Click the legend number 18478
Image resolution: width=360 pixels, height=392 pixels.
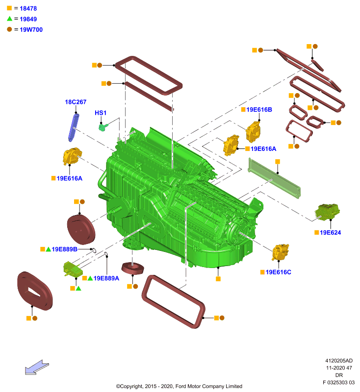click(28, 8)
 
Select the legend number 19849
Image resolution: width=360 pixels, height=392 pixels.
click(28, 19)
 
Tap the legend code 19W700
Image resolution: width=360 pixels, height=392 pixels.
click(31, 29)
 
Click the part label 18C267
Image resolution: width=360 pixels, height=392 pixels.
click(76, 102)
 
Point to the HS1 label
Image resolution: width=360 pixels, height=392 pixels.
click(101, 113)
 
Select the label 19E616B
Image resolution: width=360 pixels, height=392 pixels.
click(259, 110)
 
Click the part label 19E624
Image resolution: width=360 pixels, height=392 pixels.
click(330, 233)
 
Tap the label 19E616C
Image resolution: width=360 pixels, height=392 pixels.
click(279, 272)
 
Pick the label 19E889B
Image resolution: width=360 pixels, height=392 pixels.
click(65, 249)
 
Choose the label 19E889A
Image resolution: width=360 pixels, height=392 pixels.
click(106, 278)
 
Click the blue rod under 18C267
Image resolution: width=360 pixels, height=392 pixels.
click(74, 127)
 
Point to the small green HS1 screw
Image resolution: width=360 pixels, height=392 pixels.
click(103, 127)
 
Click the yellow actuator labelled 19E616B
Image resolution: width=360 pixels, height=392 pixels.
click(253, 131)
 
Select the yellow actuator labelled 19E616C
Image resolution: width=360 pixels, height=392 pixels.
click(280, 252)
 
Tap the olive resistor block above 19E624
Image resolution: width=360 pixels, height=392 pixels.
click(327, 212)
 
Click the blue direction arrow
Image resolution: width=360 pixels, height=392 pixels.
click(37, 367)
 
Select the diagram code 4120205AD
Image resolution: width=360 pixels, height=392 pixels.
click(339, 361)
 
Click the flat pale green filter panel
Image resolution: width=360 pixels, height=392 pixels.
click(274, 178)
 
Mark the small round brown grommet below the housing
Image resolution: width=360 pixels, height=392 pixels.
click(132, 268)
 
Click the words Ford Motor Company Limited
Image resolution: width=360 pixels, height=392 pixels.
click(209, 386)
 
